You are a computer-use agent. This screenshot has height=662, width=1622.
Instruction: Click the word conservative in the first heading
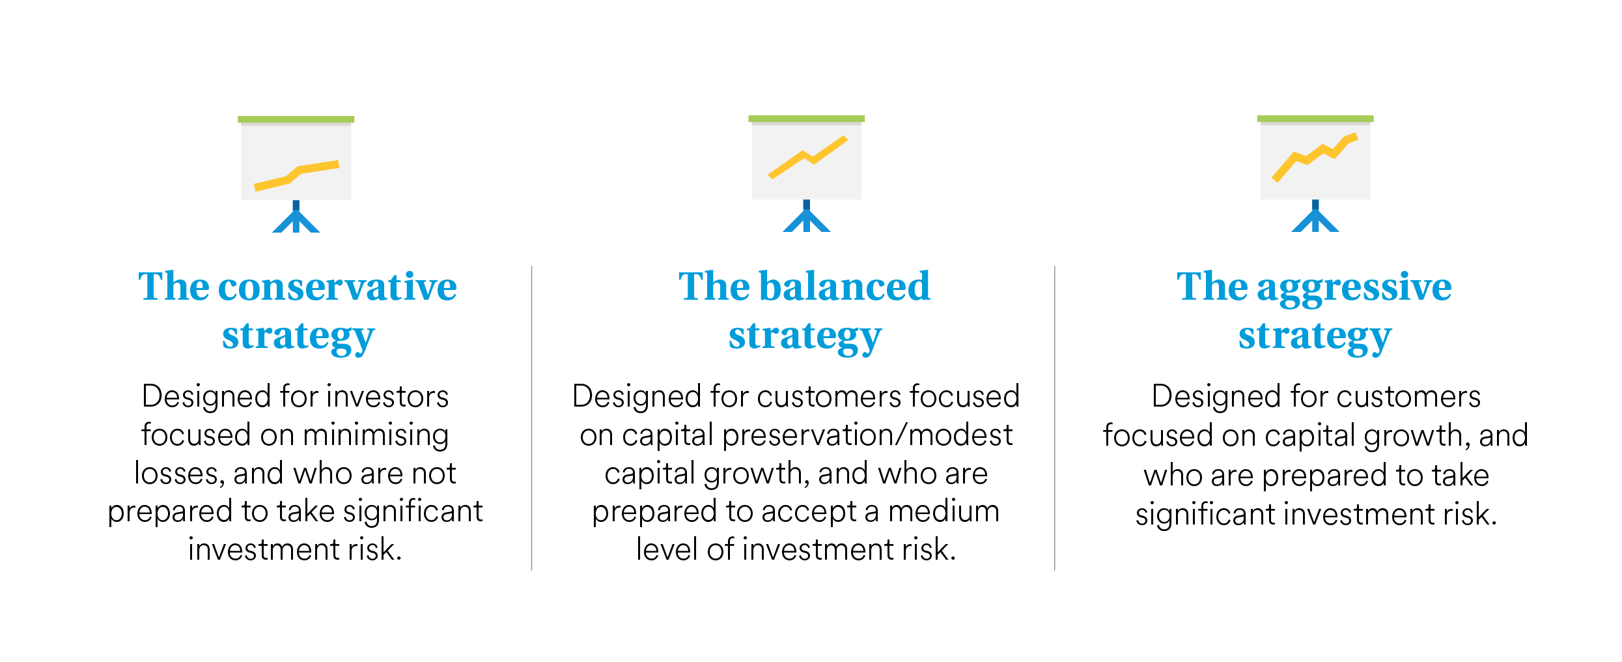coord(337,287)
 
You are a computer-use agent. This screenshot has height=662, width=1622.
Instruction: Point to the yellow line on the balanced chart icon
coord(807,157)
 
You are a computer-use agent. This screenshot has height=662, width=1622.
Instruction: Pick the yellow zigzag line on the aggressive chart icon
coord(1315,157)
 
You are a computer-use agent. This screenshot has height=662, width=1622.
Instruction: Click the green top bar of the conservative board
coord(296,119)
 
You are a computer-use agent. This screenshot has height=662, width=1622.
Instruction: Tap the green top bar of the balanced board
coord(806,119)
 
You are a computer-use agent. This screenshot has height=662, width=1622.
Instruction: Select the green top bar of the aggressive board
coord(1315,119)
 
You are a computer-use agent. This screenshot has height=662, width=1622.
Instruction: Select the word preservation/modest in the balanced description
coord(867,435)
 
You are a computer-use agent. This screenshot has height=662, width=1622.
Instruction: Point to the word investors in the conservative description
coord(387,397)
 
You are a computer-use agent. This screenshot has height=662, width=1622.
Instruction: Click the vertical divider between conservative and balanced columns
coord(532,418)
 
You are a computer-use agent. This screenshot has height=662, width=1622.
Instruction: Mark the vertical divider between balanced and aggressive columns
coord(1055,418)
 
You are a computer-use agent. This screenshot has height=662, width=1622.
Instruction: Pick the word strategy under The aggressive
coord(1315,337)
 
